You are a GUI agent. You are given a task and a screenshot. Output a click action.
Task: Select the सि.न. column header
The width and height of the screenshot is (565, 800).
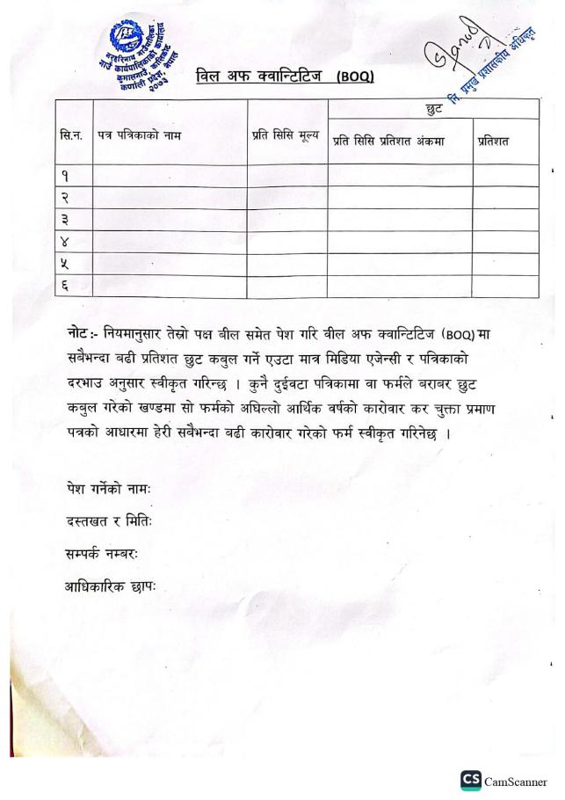pyautogui.click(x=72, y=137)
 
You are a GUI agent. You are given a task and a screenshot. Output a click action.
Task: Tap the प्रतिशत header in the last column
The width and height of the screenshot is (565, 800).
pyautogui.click(x=493, y=141)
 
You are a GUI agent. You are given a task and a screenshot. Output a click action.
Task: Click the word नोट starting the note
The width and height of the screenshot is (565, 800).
pyautogui.click(x=79, y=332)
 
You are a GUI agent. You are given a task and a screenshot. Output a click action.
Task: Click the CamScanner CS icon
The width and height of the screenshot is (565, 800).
pyautogui.click(x=469, y=779)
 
